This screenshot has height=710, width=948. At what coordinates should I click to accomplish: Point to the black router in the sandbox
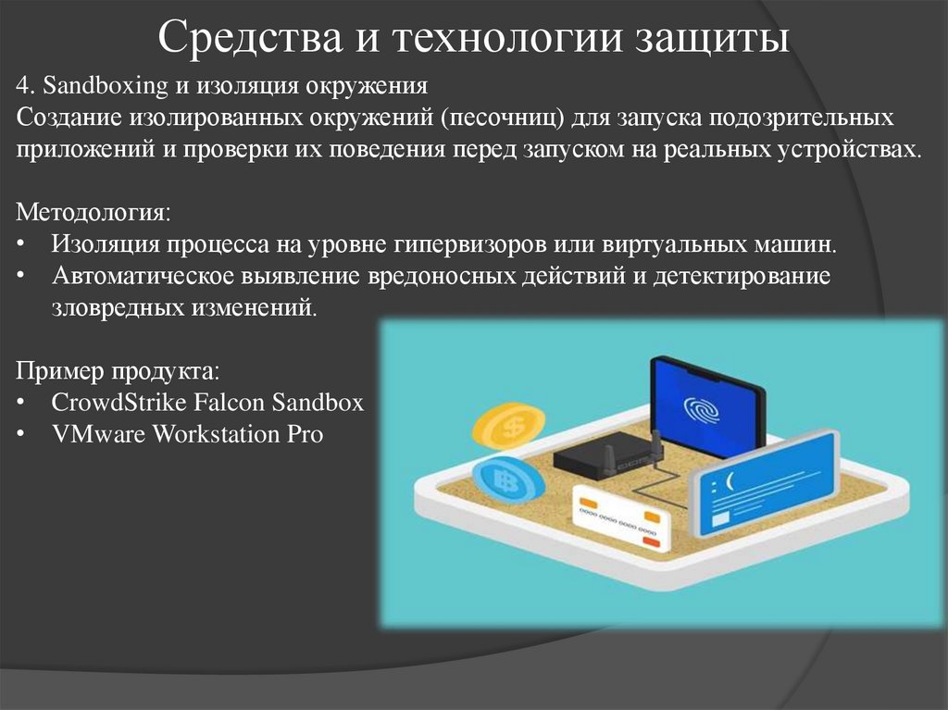[607, 452]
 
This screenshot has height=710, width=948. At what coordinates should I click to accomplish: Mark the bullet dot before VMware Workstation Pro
[21, 433]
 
